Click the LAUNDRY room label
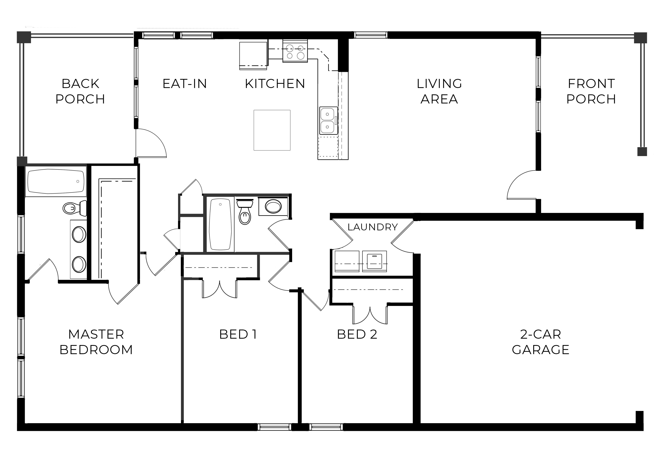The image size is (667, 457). [373, 227]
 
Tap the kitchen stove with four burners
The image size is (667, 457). [295, 51]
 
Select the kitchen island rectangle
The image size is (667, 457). [272, 130]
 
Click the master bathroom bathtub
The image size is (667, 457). [56, 181]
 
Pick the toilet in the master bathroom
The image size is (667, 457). [75, 208]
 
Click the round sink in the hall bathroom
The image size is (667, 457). [273, 206]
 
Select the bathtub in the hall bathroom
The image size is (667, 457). [220, 225]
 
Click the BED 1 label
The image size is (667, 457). [238, 334]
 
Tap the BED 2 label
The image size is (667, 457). [357, 334]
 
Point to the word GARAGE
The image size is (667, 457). [541, 350]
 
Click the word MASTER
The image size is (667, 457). [96, 334]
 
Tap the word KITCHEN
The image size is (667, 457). [275, 84]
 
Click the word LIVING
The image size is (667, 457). [439, 84]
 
